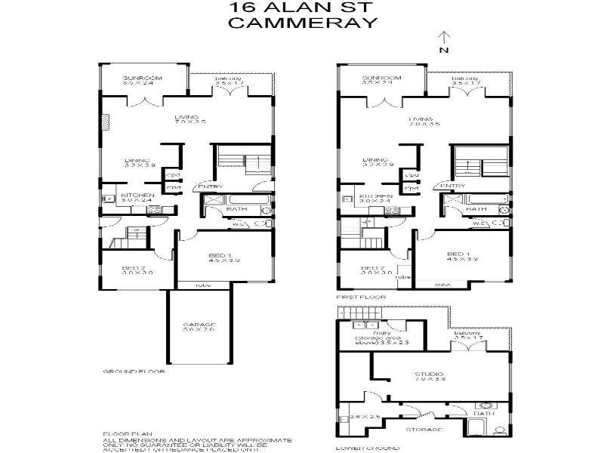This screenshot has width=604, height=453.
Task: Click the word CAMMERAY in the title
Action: (302, 23)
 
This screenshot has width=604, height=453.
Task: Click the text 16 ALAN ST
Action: (302, 8)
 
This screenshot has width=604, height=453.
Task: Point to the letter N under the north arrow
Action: (445, 51)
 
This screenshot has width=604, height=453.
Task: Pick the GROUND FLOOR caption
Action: (134, 372)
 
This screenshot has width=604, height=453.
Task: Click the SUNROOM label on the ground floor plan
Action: (138, 78)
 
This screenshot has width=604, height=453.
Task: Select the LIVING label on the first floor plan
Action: (421, 119)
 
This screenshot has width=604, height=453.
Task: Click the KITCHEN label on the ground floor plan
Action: (137, 196)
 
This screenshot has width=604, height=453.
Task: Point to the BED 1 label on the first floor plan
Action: (458, 254)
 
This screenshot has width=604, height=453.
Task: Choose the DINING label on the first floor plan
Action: (375, 159)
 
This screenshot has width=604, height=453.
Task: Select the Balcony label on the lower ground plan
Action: (468, 332)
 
